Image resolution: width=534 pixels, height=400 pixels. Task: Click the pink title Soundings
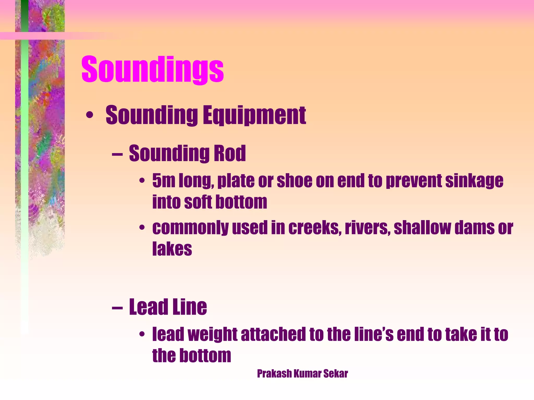click(x=153, y=70)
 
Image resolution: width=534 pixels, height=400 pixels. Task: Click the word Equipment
click(x=254, y=115)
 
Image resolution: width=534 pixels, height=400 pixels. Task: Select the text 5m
click(x=164, y=181)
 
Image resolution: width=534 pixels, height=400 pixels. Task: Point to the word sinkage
click(x=474, y=181)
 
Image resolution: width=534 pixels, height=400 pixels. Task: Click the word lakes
click(x=172, y=249)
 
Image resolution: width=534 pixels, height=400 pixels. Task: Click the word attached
click(x=273, y=335)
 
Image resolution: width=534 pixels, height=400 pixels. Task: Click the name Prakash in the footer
click(x=274, y=374)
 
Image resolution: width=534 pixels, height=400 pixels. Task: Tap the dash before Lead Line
click(x=117, y=308)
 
